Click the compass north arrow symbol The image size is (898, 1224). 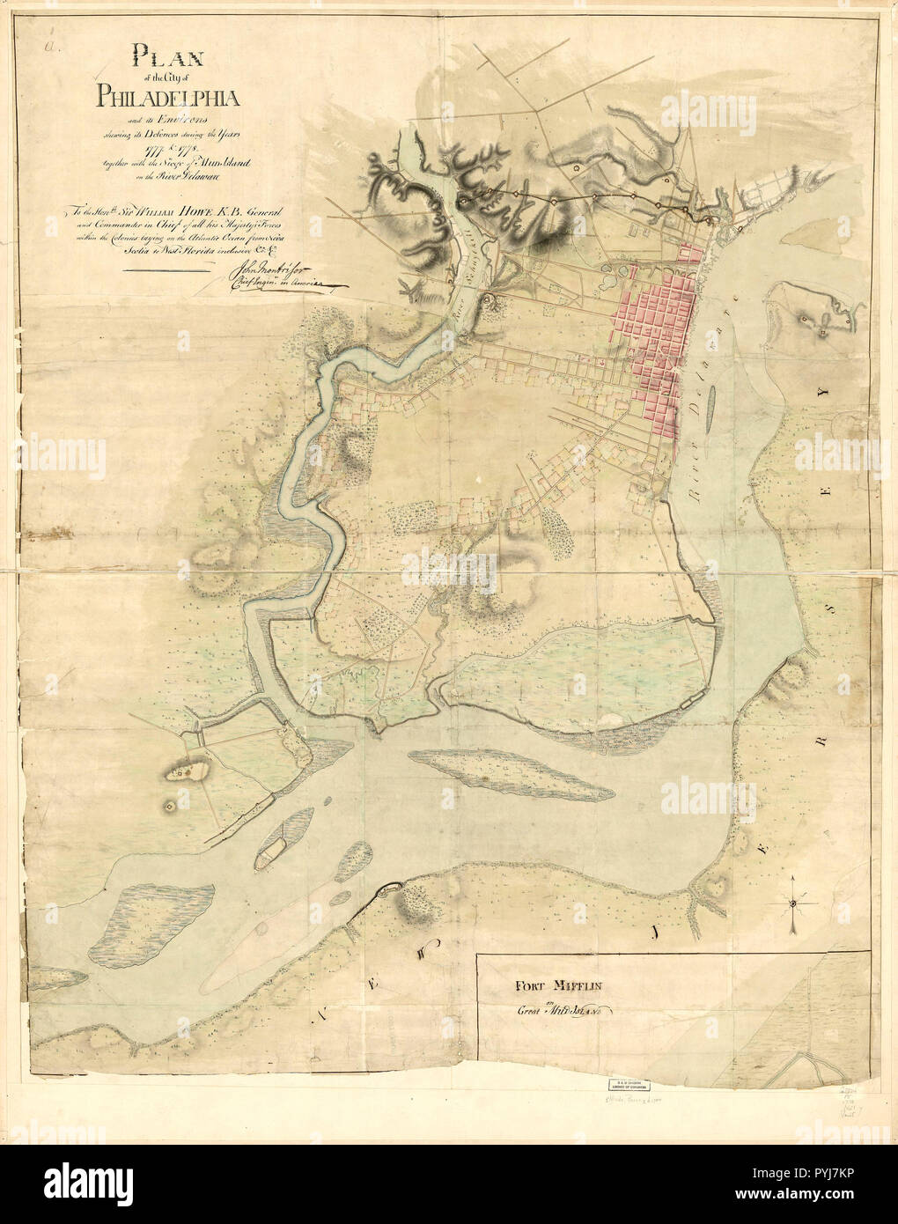point(793,905)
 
